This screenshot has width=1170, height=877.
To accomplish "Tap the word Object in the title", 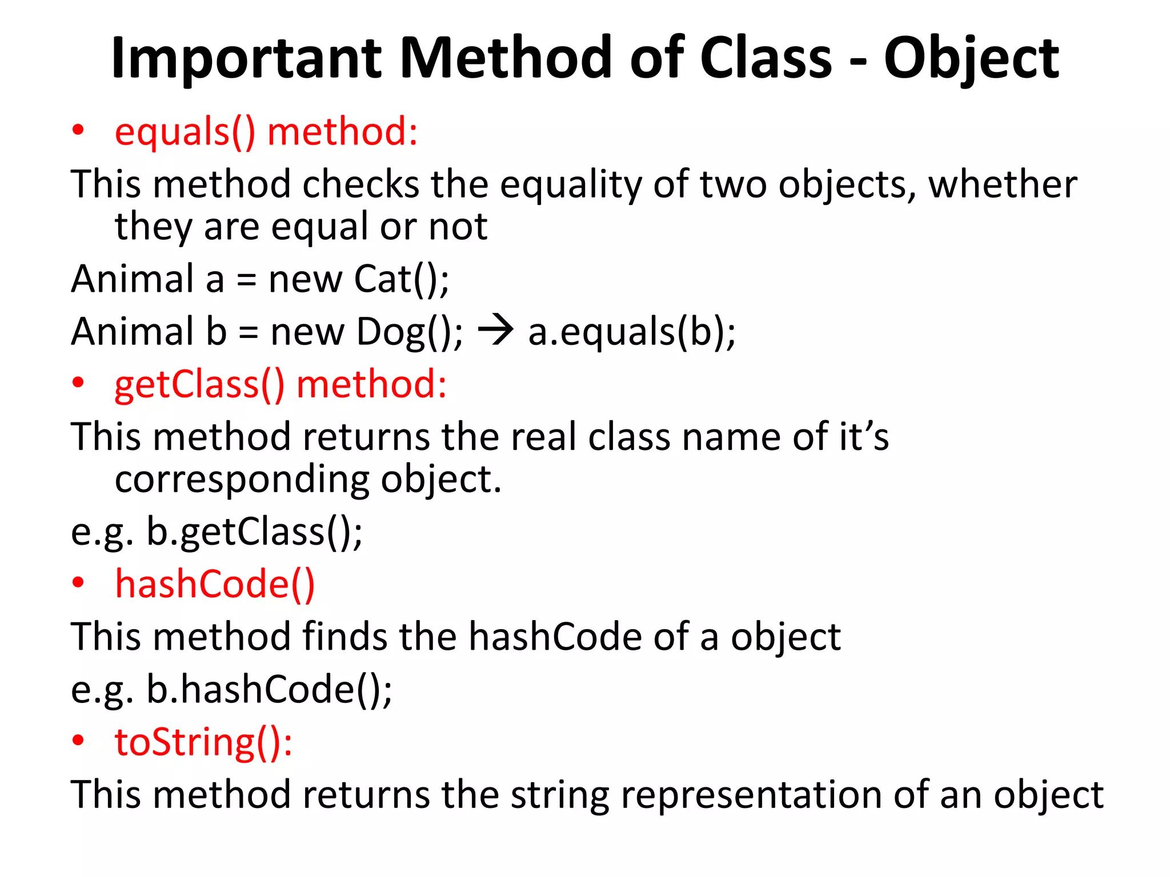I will [x=971, y=58].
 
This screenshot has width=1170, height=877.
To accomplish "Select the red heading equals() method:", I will [x=266, y=132].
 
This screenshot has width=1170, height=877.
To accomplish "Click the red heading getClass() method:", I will [x=281, y=384].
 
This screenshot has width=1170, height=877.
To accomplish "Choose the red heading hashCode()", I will [x=215, y=584].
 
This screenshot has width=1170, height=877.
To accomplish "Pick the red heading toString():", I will [x=203, y=742].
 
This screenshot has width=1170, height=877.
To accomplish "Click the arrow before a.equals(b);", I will [x=495, y=331].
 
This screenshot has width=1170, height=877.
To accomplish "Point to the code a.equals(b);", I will [x=632, y=332].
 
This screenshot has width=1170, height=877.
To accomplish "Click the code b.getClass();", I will [x=254, y=532].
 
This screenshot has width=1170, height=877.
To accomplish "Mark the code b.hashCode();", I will [x=269, y=689].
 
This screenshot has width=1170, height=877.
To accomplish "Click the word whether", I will [x=1003, y=184].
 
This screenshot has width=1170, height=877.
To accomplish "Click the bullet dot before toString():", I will [x=78, y=741].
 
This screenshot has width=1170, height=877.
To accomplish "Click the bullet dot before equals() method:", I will [x=78, y=131].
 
